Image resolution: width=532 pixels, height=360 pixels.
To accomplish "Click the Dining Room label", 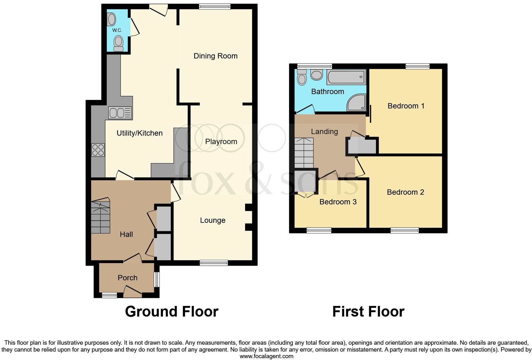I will [x=215, y=56].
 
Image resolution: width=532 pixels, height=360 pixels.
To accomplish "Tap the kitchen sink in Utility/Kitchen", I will [x=120, y=113].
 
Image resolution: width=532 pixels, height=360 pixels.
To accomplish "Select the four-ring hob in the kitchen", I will [x=98, y=150].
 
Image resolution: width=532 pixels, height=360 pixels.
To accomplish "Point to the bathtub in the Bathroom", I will [x=346, y=77].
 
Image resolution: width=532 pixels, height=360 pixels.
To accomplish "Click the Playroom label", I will [x=221, y=142].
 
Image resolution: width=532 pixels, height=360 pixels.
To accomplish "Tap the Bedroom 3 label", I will [x=338, y=202].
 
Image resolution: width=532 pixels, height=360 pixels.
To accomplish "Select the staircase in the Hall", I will [x=101, y=216].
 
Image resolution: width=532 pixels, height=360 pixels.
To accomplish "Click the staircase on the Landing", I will [x=304, y=153].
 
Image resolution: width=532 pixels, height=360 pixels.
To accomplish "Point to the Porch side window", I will [x=157, y=279].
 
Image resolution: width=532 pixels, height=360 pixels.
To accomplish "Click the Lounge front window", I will [x=214, y=263].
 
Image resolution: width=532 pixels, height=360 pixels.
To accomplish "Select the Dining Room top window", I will [x=215, y=7].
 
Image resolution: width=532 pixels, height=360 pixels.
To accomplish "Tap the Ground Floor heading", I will [x=171, y=312].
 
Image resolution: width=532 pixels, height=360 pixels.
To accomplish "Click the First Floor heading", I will [x=368, y=312].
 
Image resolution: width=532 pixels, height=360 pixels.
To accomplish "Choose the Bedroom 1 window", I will [x=417, y=66].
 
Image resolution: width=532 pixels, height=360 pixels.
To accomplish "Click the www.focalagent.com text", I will [x=266, y=356].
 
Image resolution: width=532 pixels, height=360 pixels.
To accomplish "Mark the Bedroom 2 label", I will [x=405, y=192].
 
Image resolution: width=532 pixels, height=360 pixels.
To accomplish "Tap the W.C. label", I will [x=117, y=30].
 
